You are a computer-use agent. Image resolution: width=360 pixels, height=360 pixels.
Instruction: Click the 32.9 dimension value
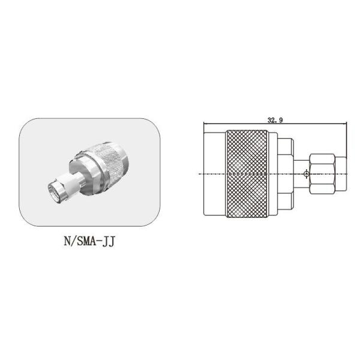pos(275,120)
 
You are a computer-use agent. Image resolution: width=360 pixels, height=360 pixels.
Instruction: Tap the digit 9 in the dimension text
pos(281,120)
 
